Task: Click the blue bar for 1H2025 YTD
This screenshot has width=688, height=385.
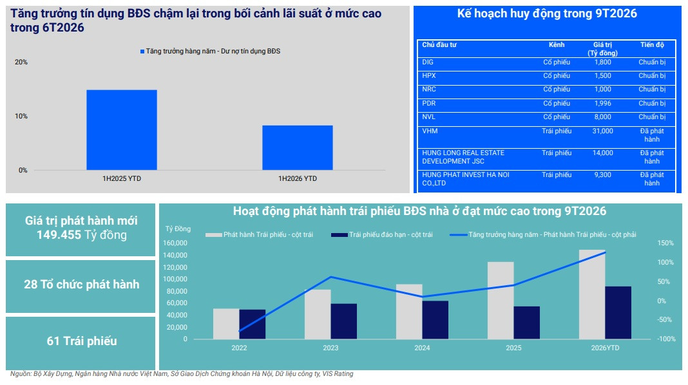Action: click(122, 130)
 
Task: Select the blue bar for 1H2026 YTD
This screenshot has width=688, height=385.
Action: click(298, 148)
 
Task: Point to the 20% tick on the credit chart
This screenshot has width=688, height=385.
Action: click(21, 62)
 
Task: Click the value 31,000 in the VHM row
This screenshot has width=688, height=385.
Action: click(602, 131)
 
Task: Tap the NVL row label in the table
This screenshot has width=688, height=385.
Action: click(428, 117)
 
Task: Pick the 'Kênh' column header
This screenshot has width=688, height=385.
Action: click(557, 44)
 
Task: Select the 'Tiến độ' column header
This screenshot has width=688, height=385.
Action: click(652, 44)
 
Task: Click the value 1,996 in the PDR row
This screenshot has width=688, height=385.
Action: click(602, 104)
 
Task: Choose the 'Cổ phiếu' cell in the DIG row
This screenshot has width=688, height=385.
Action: click(557, 62)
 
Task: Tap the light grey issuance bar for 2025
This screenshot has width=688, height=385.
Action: click(501, 301)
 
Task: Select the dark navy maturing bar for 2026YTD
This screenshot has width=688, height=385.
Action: click(618, 313)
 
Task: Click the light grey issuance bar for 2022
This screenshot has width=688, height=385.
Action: click(226, 324)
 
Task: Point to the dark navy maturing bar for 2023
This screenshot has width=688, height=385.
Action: click(344, 321)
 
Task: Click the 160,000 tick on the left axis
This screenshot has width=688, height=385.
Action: click(175, 243)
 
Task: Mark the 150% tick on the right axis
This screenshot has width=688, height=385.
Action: click(665, 243)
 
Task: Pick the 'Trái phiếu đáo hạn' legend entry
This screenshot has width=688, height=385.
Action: click(382, 234)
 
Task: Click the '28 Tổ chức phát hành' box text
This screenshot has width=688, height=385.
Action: click(82, 285)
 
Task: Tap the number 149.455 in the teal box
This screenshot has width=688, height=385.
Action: click(59, 235)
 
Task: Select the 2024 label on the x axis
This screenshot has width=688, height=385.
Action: click(422, 348)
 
